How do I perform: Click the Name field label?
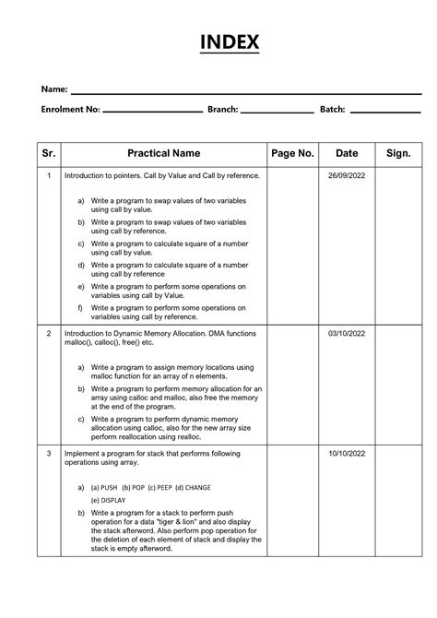tap(53, 89)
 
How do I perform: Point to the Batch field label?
tap(332, 110)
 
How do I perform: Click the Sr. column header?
tap(48, 153)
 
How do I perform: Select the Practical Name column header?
tap(164, 153)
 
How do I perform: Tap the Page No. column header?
tap(293, 153)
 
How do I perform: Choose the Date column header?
tap(347, 153)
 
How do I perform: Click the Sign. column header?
tap(398, 153)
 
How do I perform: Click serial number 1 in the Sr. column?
tap(48, 175)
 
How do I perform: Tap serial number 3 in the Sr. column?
tap(48, 455)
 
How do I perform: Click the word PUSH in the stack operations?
tap(111, 486)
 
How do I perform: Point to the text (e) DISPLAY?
tap(109, 500)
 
